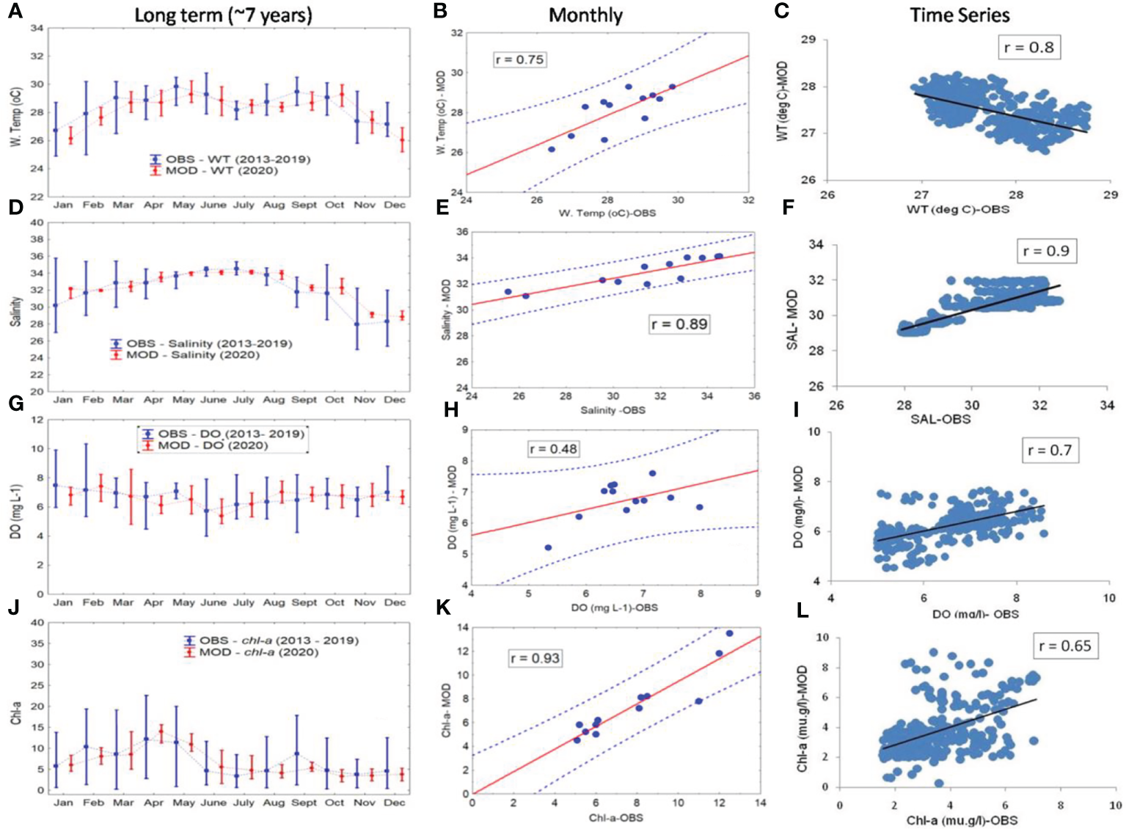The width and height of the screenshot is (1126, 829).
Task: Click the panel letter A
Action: point(15,12)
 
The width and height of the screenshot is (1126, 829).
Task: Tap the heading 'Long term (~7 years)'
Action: point(223,15)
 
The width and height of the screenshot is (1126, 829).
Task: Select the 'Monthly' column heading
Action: point(585,15)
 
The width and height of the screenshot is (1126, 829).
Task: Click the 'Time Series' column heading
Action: point(959,15)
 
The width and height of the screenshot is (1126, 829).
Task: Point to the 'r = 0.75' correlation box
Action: point(519,59)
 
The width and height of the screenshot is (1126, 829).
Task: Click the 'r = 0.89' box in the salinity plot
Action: point(679,324)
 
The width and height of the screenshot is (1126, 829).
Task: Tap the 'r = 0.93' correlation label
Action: point(535,658)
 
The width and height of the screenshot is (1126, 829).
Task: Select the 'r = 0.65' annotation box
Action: point(1065,646)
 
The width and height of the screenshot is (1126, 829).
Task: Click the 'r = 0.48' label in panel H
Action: point(553,448)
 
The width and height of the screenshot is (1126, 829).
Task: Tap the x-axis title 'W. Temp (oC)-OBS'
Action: point(607,213)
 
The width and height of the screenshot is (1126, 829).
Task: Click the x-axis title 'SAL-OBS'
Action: point(940,419)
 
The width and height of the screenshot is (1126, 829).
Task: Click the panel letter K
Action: point(442,607)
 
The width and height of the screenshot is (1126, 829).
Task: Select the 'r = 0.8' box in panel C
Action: point(1028,48)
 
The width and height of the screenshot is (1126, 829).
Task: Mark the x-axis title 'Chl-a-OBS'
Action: point(615,817)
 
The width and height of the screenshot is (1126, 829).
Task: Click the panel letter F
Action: point(789,207)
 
